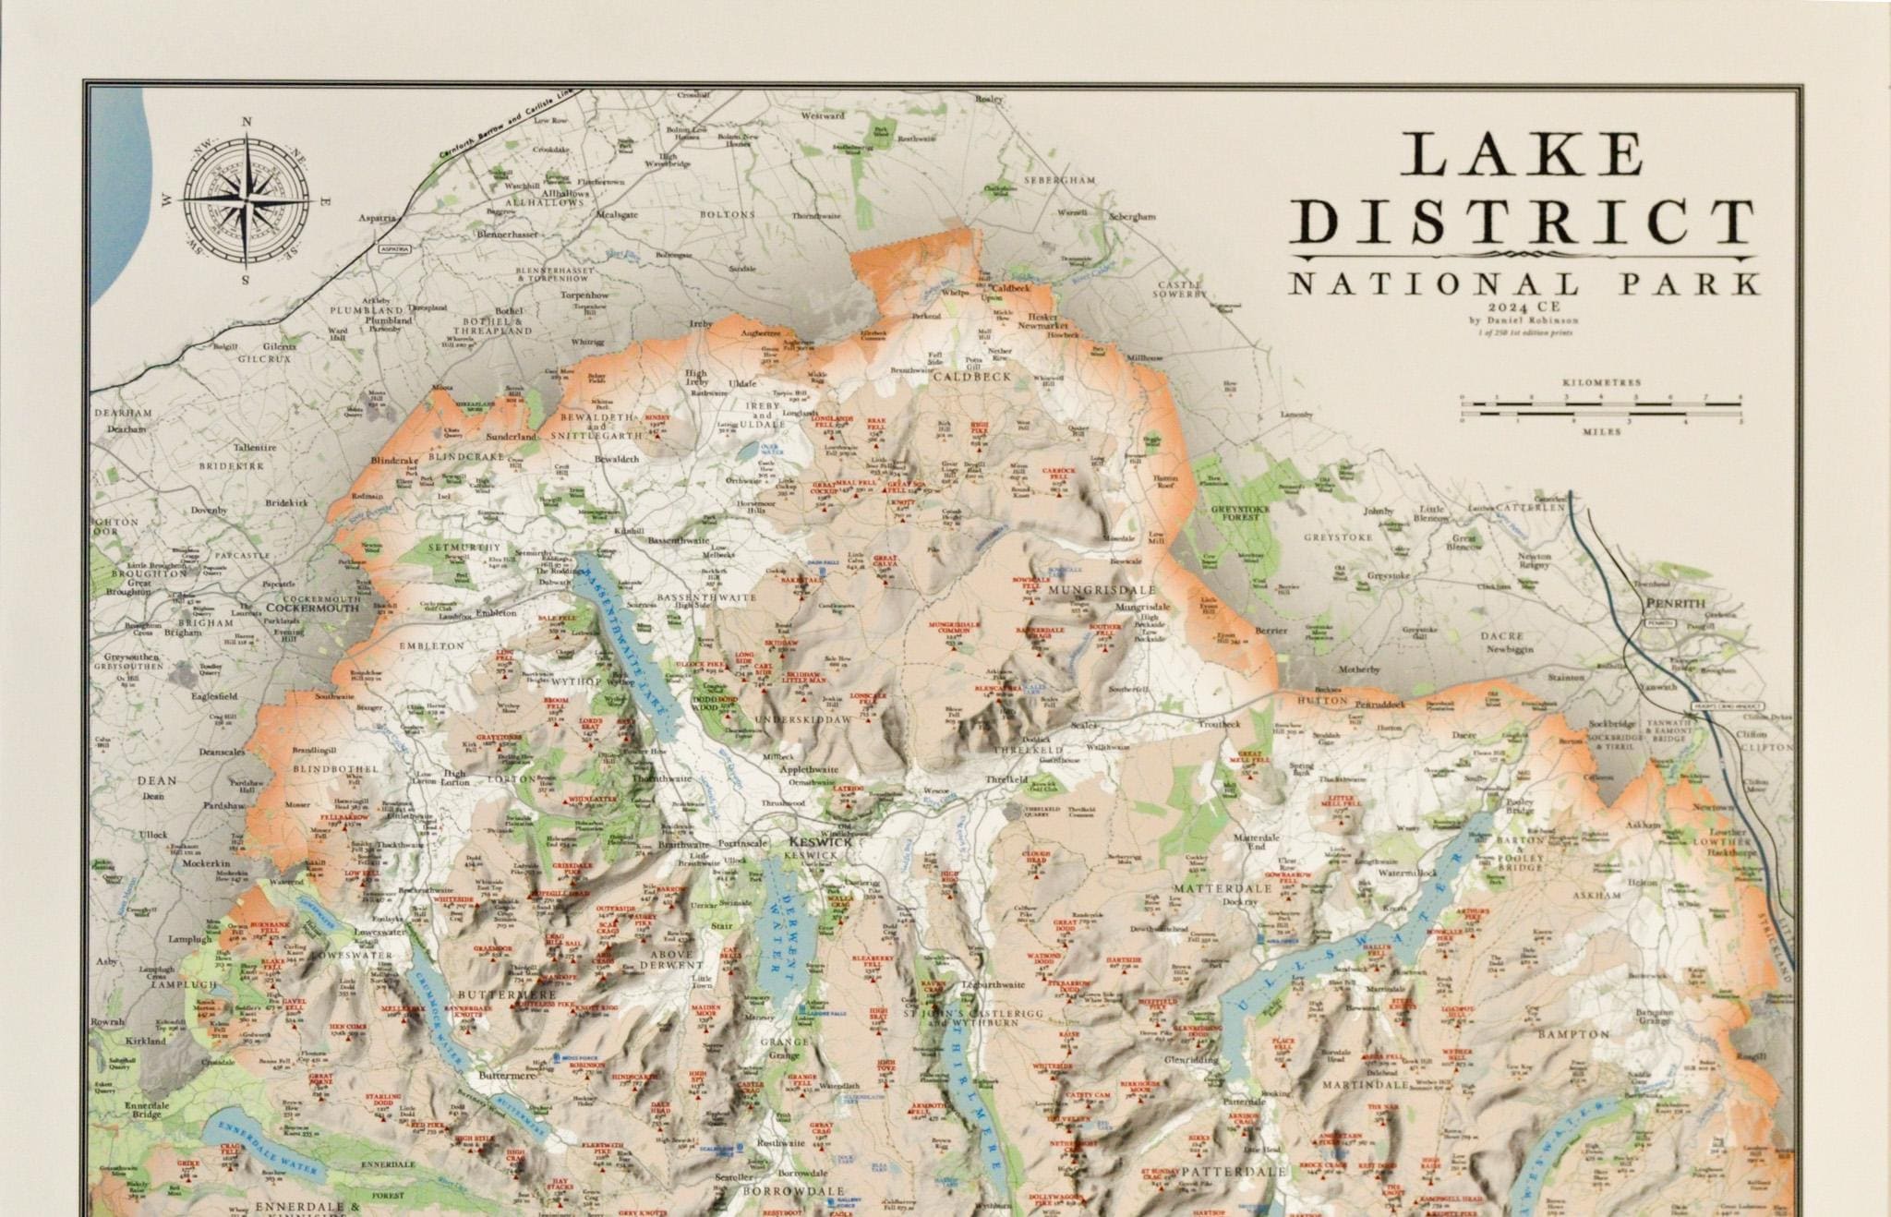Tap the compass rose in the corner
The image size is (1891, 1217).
(x=247, y=199)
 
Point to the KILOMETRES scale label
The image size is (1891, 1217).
(x=1600, y=381)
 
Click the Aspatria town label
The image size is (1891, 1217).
(x=377, y=219)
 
